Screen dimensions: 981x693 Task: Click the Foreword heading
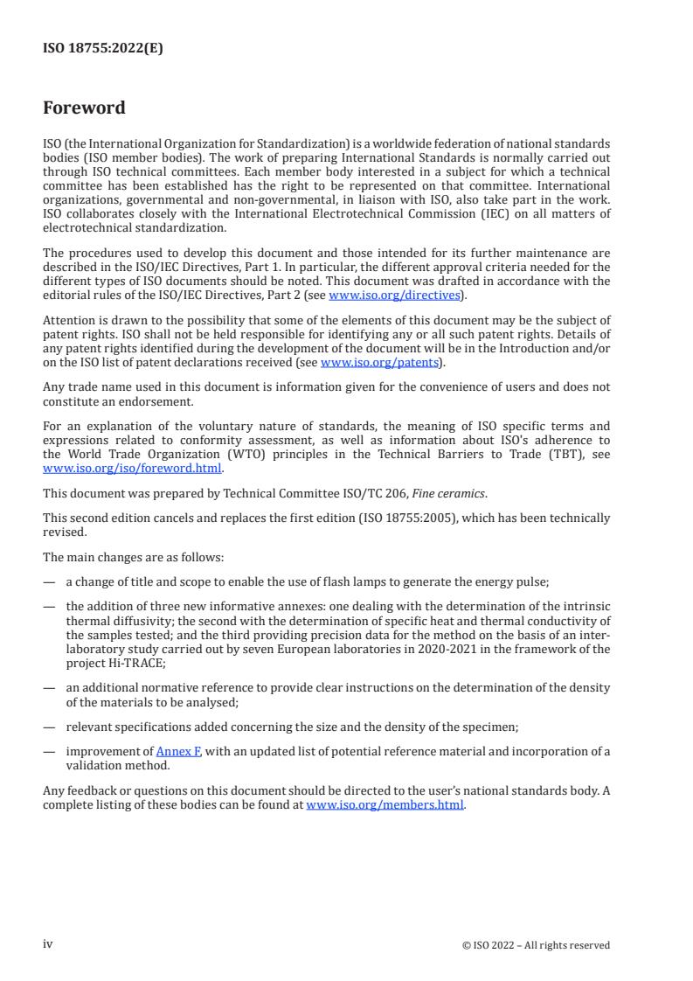pos(84,108)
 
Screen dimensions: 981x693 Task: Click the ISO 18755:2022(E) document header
pos(103,49)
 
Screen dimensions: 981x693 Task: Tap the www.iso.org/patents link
pos(382,362)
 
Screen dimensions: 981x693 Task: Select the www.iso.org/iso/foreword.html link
pos(133,468)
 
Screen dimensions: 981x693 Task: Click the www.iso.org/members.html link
pos(385,805)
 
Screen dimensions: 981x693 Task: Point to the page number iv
pos(48,944)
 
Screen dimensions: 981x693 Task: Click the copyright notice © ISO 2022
pos(536,945)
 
